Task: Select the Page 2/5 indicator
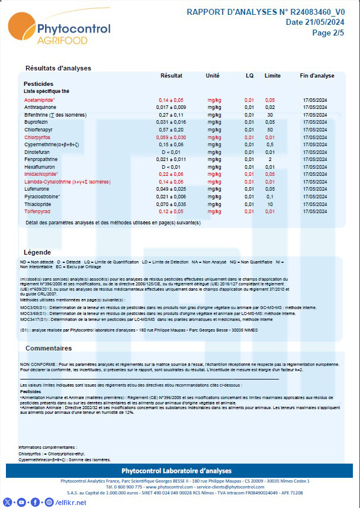[x=328, y=33]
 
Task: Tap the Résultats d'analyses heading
[x=58, y=68]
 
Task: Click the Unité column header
[x=212, y=76]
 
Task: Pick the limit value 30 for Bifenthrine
[x=270, y=114]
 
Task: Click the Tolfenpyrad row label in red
[x=38, y=211]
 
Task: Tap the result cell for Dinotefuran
[x=171, y=152]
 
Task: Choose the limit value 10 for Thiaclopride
[x=270, y=204]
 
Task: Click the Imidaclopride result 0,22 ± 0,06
[x=171, y=174]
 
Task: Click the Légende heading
[x=37, y=252]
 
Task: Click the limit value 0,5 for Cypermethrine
[x=270, y=144]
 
